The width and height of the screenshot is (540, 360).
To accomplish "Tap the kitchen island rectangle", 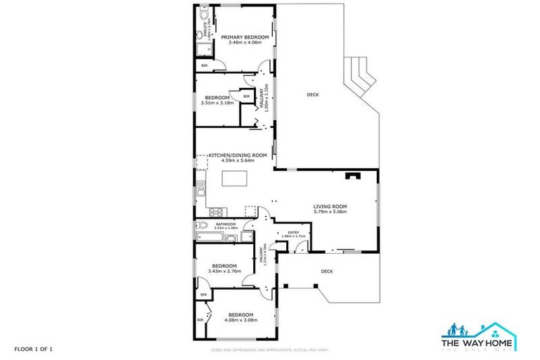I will (236, 178).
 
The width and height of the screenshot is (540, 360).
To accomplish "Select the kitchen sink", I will (200, 190).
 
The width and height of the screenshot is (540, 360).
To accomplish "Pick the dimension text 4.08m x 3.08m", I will (240, 320).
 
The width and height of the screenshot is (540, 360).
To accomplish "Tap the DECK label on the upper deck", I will (313, 94).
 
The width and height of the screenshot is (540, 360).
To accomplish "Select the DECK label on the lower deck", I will (326, 271).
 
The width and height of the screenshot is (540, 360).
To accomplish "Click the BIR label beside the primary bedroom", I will (205, 65).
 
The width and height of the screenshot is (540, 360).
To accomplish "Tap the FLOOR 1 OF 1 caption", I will (34, 348).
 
